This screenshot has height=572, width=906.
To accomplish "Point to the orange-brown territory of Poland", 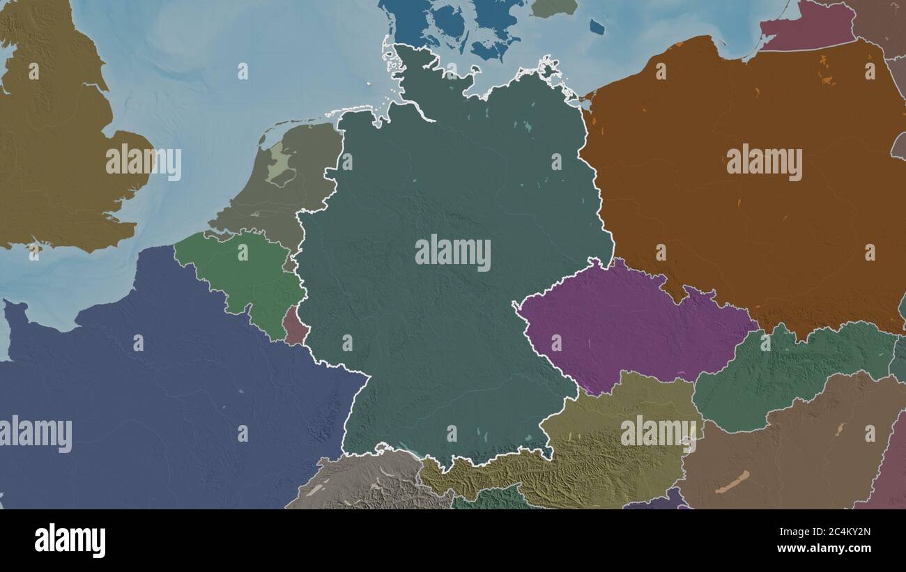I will pos(732,209).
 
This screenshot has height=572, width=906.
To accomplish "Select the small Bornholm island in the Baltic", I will pos(597,26).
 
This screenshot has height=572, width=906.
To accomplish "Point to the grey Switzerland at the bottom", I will pos(362,481).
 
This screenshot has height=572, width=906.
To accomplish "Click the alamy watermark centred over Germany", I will pos(453,253).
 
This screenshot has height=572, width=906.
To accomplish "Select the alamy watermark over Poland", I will pos(764,162).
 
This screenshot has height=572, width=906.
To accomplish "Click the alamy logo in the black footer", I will pos(70,541).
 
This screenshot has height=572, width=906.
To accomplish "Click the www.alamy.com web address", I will pos(827,548).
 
